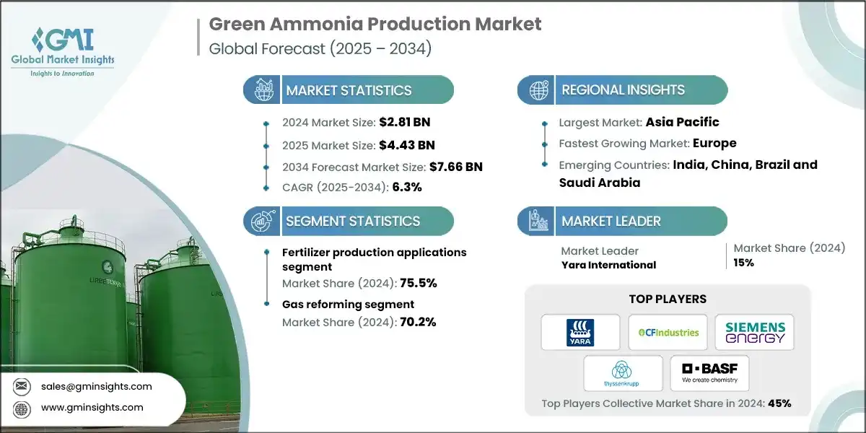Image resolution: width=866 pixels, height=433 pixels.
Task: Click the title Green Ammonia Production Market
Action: pos(375,25)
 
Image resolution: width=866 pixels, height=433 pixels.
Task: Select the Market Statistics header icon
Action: pos(262,90)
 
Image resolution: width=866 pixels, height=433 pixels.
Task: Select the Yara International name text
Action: pos(608,265)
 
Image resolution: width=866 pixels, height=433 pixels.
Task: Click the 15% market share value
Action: pos(744,263)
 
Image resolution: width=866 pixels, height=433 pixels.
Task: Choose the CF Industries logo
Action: pos(668,332)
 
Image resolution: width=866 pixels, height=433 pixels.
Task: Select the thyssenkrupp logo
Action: pos(623,373)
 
